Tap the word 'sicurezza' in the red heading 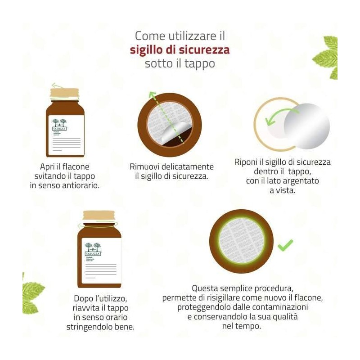tap(204, 49)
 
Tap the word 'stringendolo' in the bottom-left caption tap(88, 327)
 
